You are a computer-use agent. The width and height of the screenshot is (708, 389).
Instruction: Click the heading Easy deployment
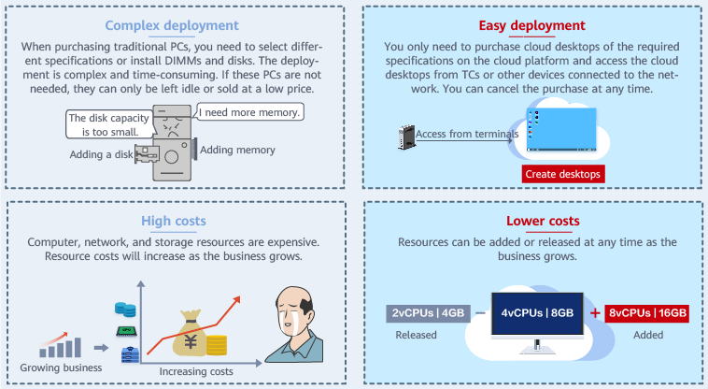click(531, 25)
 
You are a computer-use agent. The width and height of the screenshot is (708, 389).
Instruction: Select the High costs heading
click(174, 222)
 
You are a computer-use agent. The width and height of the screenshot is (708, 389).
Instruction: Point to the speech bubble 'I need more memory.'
click(249, 113)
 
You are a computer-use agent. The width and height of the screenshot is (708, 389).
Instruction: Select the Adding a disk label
click(102, 153)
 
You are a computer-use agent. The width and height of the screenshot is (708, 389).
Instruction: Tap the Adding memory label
click(237, 150)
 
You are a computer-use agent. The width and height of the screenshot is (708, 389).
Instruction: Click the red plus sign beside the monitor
click(594, 313)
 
